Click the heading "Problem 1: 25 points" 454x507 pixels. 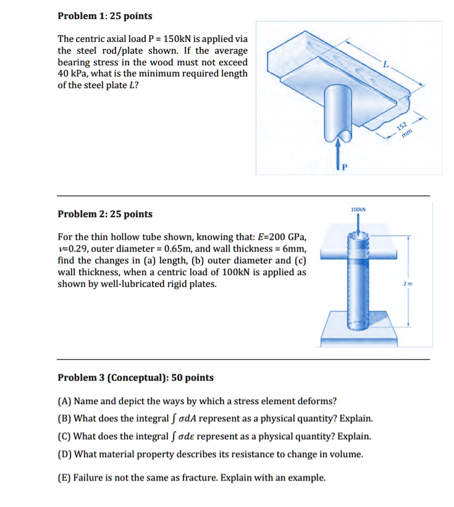pos(104,15)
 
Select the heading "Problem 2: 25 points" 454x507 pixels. pos(104,214)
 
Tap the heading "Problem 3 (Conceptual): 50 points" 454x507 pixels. pos(135,377)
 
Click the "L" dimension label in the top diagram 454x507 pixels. pos(387,64)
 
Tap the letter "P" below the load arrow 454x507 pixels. pos(345,166)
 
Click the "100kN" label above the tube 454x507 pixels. pos(358,210)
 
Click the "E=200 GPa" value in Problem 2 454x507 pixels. pos(281,237)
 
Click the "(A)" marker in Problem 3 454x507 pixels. pos(64,401)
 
